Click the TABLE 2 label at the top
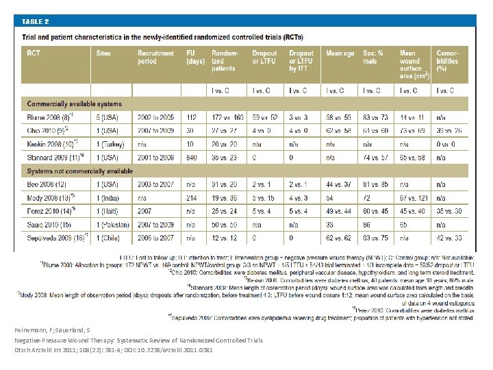pos(36,21)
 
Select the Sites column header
pos(103,53)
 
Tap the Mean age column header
pos(340,53)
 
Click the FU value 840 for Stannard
pos(193,158)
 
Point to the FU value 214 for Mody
pos(193,197)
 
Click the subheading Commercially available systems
pos(75,104)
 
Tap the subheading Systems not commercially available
pos(80,171)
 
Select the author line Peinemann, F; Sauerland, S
pos(64,330)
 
